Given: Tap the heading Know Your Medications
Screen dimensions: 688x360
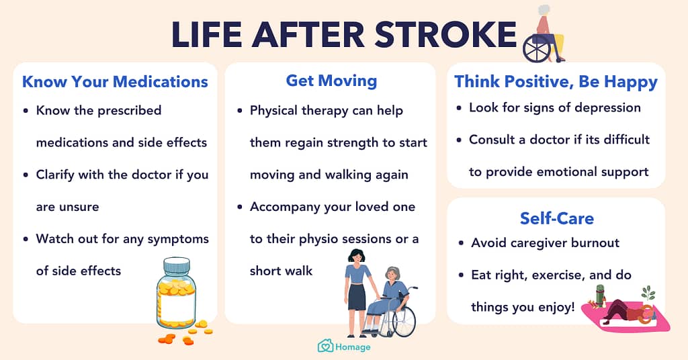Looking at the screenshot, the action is (115, 81).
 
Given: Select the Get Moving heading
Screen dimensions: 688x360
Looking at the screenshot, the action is (331, 81).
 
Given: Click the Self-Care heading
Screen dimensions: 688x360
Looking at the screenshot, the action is (557, 218).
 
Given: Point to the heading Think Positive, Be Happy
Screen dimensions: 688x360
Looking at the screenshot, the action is (556, 82).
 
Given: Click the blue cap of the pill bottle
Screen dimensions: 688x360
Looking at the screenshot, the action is (177, 265).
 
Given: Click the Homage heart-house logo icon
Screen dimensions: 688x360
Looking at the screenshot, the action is (325, 346).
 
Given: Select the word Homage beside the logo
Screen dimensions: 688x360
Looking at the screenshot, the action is (353, 347).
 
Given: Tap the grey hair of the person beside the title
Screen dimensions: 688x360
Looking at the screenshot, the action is (544, 10).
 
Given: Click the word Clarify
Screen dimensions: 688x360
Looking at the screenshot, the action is (55, 175).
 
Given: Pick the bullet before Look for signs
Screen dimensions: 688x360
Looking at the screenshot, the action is (459, 108).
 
